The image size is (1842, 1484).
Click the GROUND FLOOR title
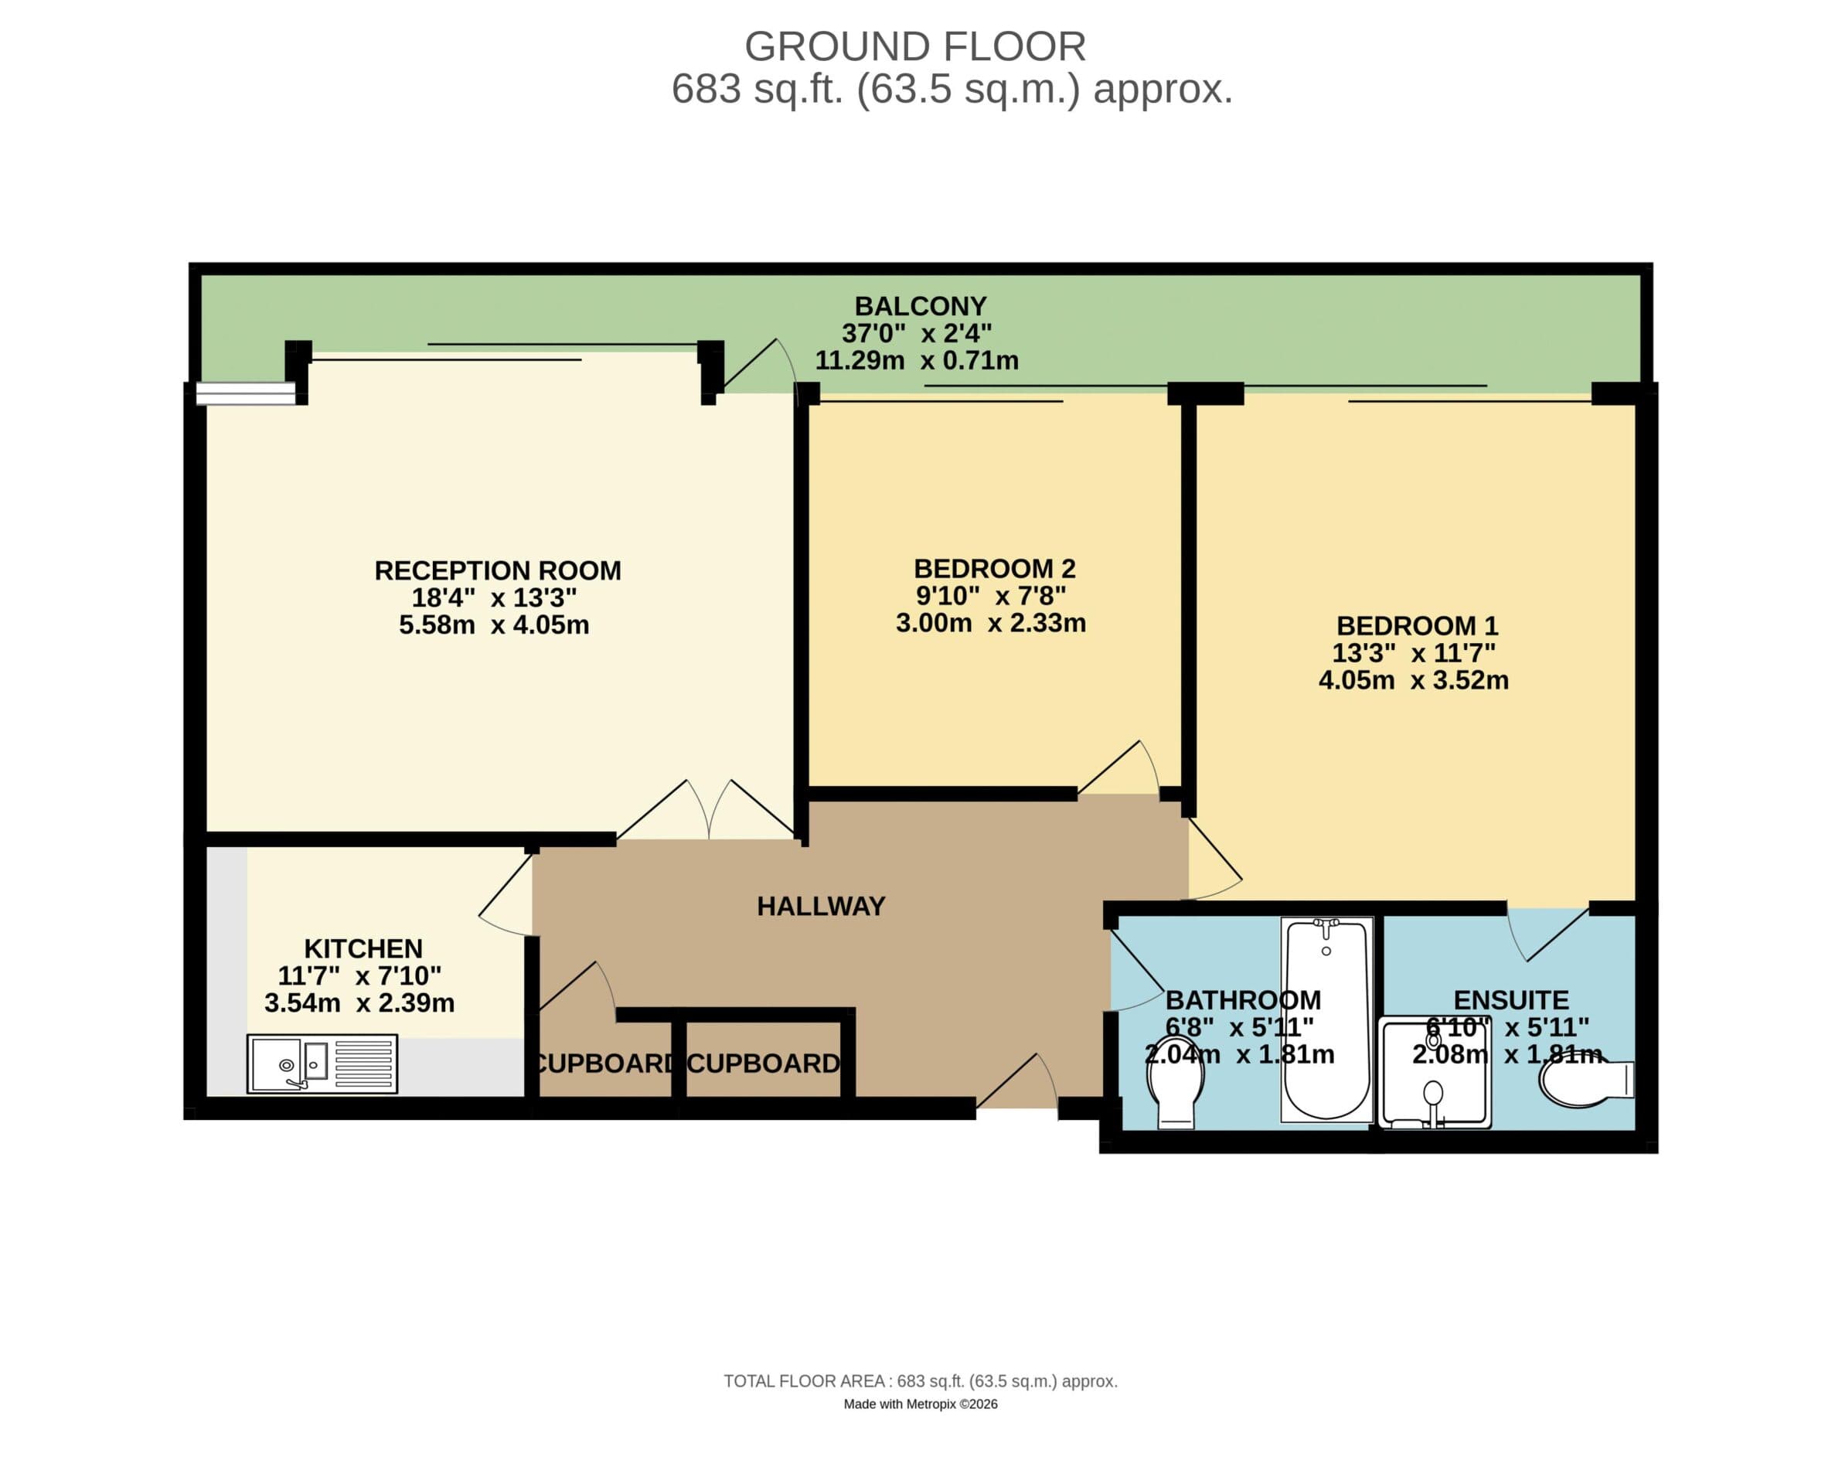(x=914, y=46)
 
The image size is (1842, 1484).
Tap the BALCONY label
(x=921, y=306)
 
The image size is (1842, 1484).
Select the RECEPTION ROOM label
(x=498, y=570)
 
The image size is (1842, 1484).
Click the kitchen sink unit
(x=322, y=1064)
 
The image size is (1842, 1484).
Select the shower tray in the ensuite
(x=1435, y=1074)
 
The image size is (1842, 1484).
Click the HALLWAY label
(x=821, y=906)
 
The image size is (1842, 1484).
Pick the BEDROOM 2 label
(x=994, y=568)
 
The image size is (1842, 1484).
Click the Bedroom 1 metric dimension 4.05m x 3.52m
(x=1413, y=680)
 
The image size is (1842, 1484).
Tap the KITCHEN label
(x=363, y=949)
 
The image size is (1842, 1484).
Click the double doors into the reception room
(x=708, y=809)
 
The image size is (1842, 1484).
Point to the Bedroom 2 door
(x=1120, y=769)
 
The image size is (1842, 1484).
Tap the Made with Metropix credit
(x=921, y=1404)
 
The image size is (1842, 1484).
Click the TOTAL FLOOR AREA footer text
(x=921, y=1381)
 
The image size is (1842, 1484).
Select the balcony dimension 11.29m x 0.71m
(x=916, y=361)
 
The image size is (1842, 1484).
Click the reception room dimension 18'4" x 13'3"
(x=494, y=597)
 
